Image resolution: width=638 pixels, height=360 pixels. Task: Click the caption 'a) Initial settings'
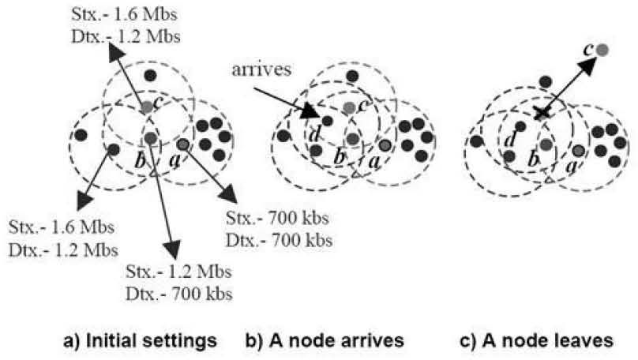point(141,341)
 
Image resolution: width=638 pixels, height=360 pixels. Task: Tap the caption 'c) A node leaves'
point(524,341)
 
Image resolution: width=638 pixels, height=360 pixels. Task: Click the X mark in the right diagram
point(542,113)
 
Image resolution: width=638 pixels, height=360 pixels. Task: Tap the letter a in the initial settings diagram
point(175,159)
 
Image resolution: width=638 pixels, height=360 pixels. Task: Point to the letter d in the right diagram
point(509,141)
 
